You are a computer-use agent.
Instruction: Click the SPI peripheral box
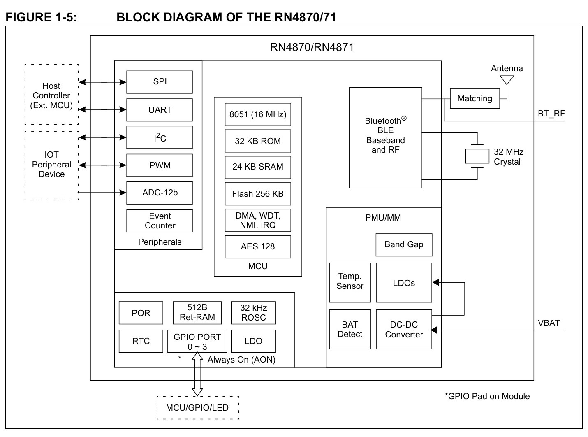(x=159, y=82)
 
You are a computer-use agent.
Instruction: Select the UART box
(x=159, y=110)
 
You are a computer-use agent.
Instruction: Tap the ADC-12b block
(x=159, y=193)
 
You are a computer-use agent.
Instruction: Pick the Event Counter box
(x=159, y=221)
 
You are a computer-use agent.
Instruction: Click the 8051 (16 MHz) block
(x=258, y=114)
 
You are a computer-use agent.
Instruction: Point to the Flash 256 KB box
(x=258, y=194)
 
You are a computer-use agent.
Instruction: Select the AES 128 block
(x=258, y=247)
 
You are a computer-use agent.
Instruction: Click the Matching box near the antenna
(x=475, y=98)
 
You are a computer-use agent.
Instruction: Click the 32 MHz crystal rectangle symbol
(x=477, y=156)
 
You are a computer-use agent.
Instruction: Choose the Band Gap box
(x=404, y=245)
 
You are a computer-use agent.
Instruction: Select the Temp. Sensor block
(x=350, y=283)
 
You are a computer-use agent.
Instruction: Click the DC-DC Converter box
(x=404, y=329)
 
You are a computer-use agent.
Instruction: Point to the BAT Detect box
(x=350, y=329)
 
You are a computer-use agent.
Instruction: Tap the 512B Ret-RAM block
(x=197, y=313)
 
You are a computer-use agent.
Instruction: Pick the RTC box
(x=141, y=341)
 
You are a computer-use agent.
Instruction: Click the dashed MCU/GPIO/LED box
(x=198, y=408)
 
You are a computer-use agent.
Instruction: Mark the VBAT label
(x=549, y=323)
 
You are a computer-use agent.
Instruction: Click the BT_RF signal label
(x=551, y=114)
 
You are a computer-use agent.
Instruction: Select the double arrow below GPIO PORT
(x=197, y=374)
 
